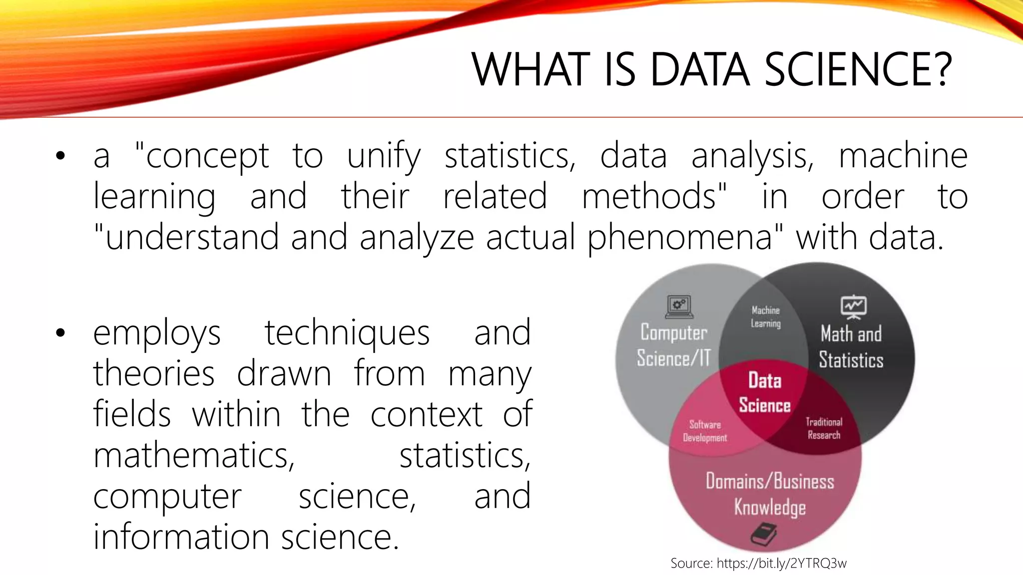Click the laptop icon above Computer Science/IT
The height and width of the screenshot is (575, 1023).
coord(679,306)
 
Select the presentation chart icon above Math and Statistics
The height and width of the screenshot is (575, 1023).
coord(853,306)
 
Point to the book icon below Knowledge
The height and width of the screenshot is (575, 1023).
coord(764,534)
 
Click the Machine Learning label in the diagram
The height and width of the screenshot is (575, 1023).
coord(766,317)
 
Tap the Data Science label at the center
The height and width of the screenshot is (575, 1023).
coord(765,393)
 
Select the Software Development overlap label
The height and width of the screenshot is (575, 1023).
coord(705,431)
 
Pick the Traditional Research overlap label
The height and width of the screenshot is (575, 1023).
coord(824,428)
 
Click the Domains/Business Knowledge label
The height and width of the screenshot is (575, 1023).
coord(770,494)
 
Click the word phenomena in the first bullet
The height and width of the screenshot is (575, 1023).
coord(680,237)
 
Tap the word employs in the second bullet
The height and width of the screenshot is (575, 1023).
coord(157,333)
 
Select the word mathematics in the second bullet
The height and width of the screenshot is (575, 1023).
coord(194,455)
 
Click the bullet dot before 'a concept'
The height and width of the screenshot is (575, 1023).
coord(60,156)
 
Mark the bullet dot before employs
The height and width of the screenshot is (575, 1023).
coord(60,333)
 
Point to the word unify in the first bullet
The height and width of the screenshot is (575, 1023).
coord(384,156)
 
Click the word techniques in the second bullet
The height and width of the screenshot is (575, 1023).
coord(347,333)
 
